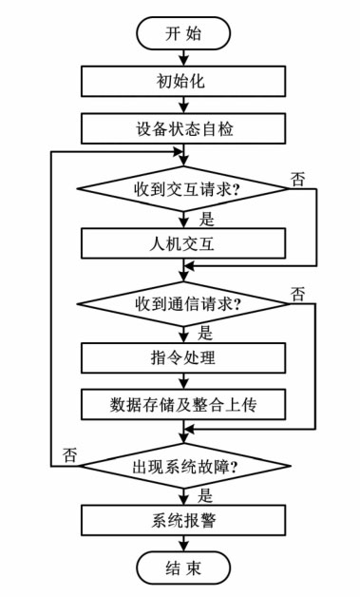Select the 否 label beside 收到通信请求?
pyautogui.click(x=299, y=293)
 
